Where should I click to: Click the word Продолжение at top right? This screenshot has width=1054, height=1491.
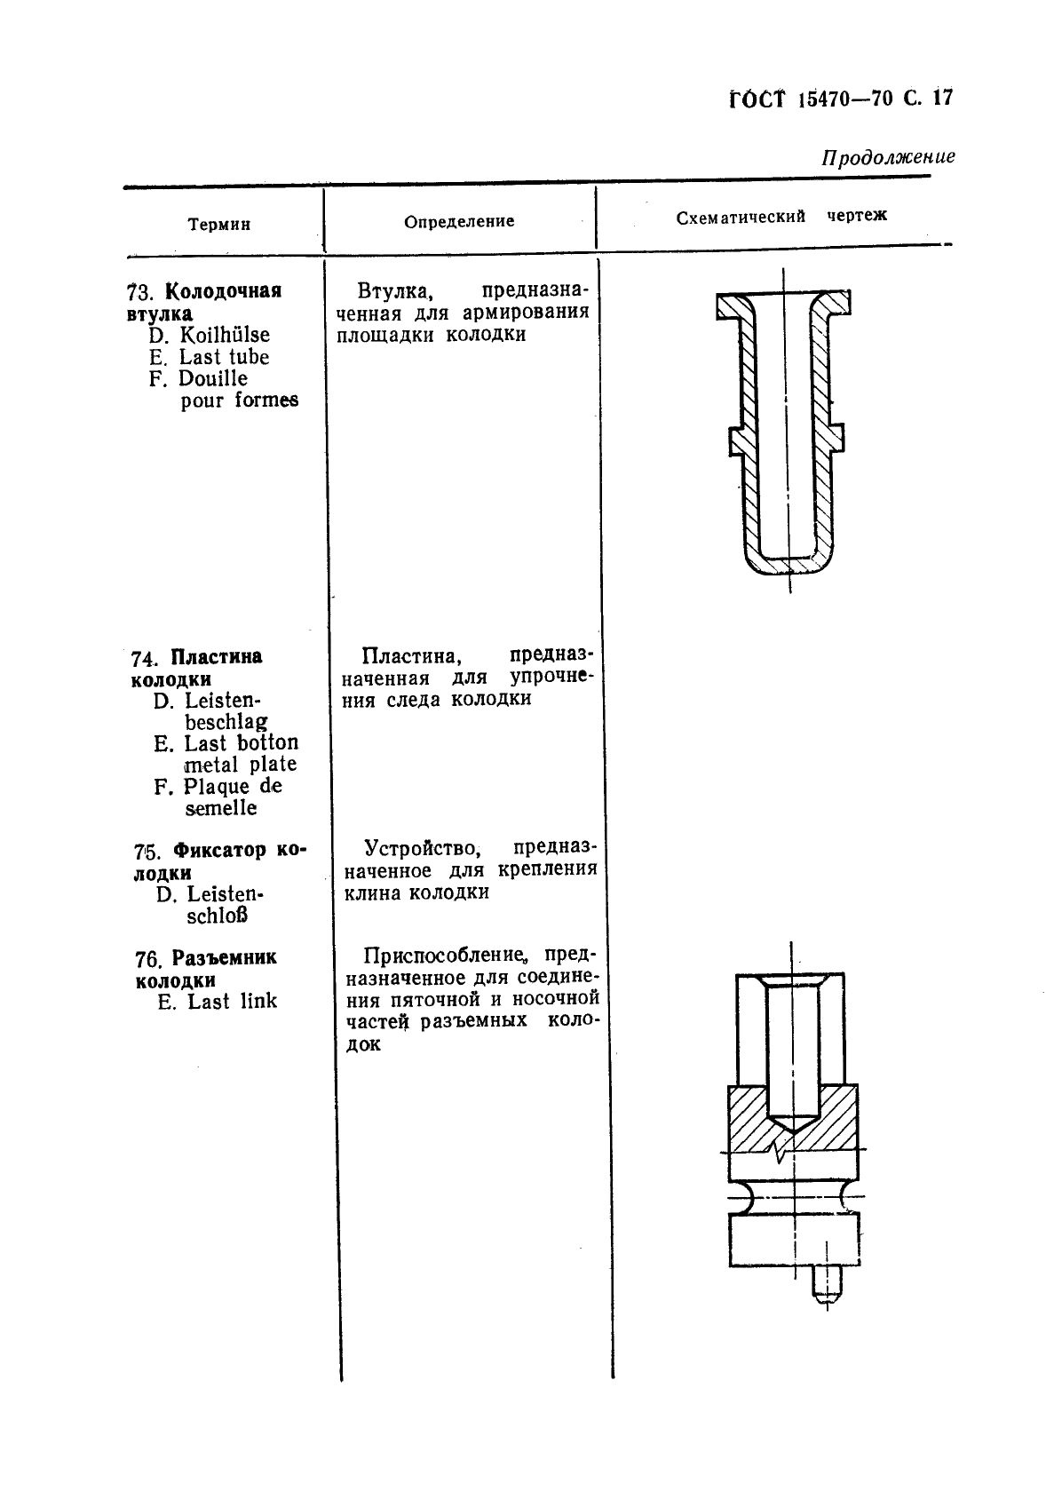click(x=887, y=158)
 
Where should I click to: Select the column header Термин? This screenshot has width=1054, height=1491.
click(x=219, y=225)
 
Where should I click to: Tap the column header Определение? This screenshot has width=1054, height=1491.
click(x=459, y=222)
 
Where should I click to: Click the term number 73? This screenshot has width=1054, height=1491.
click(x=140, y=293)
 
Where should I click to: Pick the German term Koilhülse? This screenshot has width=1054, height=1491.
click(x=225, y=335)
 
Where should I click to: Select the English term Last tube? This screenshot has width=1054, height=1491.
click(x=224, y=357)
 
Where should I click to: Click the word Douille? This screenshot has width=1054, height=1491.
click(x=213, y=378)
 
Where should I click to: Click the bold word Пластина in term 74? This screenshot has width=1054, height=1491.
click(x=217, y=657)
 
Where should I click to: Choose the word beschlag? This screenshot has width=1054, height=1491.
click(x=226, y=722)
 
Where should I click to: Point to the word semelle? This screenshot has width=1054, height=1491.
click(x=221, y=808)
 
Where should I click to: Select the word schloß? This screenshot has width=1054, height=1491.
click(x=218, y=916)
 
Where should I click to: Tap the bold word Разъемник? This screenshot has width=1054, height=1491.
click(x=224, y=958)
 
